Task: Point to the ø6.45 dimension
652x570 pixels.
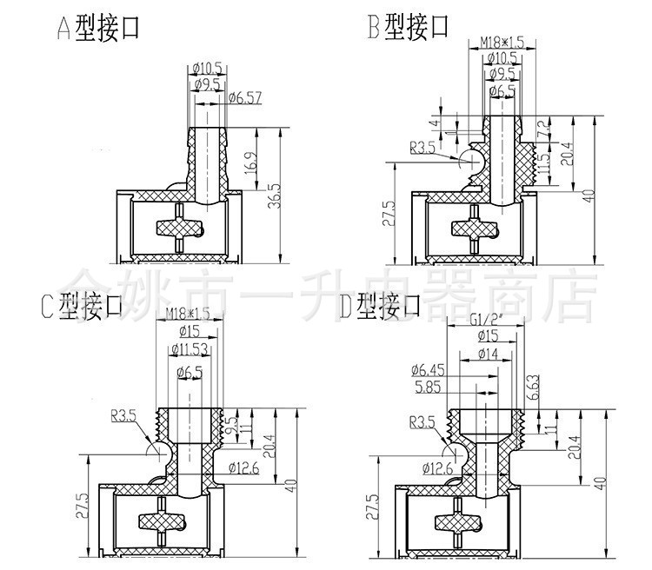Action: [x=435, y=371]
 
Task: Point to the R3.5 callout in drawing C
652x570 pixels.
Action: [x=123, y=417]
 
